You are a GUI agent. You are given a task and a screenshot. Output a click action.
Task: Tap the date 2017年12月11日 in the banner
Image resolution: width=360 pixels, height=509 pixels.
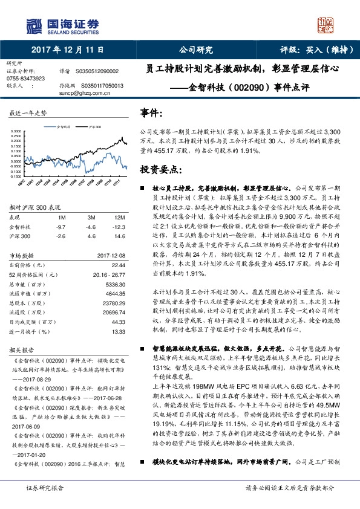(67, 50)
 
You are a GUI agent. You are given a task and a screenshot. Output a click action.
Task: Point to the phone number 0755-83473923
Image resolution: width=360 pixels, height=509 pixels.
(26, 78)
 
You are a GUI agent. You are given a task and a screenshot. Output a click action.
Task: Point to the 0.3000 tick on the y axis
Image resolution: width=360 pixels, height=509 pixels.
(17, 131)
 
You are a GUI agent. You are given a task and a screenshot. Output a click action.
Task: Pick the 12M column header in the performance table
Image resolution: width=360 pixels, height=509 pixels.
(120, 217)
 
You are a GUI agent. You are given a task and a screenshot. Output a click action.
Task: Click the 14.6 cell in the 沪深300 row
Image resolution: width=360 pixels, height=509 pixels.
(120, 236)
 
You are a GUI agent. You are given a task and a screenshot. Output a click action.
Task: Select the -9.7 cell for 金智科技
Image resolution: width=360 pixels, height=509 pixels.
(60, 227)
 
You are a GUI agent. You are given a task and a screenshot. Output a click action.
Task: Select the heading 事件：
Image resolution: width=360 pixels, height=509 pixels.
(151, 113)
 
